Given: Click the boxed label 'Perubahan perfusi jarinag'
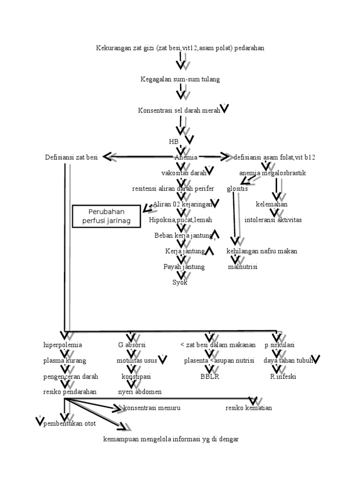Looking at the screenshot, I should coord(106,216).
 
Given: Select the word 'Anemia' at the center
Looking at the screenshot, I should coord(186,157).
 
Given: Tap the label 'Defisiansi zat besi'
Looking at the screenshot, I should coord(71,157).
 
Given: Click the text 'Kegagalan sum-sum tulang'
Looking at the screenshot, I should coord(180,79).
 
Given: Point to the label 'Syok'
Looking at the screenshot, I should coord(180,282).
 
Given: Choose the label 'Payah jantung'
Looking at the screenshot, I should coord(184,267).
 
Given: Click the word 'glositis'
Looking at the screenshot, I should coord(237,189).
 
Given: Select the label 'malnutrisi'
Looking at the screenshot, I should coord(243,267).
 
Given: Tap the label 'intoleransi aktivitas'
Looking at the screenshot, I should coord(273,219).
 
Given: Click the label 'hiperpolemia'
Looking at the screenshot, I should coord(62,345).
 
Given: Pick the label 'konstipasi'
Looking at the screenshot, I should coord(136,376).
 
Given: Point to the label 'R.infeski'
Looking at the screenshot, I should coord(283,376).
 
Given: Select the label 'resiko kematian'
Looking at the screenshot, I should coord(248,408).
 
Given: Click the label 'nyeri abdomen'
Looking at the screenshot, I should coord(140,392).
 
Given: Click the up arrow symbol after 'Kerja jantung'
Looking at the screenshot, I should coord(210,251).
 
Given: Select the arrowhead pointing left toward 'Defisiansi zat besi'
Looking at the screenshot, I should coord(108,157).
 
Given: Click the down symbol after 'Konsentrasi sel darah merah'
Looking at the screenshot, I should coord(225,109).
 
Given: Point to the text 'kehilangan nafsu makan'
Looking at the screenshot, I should coord(262,251).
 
